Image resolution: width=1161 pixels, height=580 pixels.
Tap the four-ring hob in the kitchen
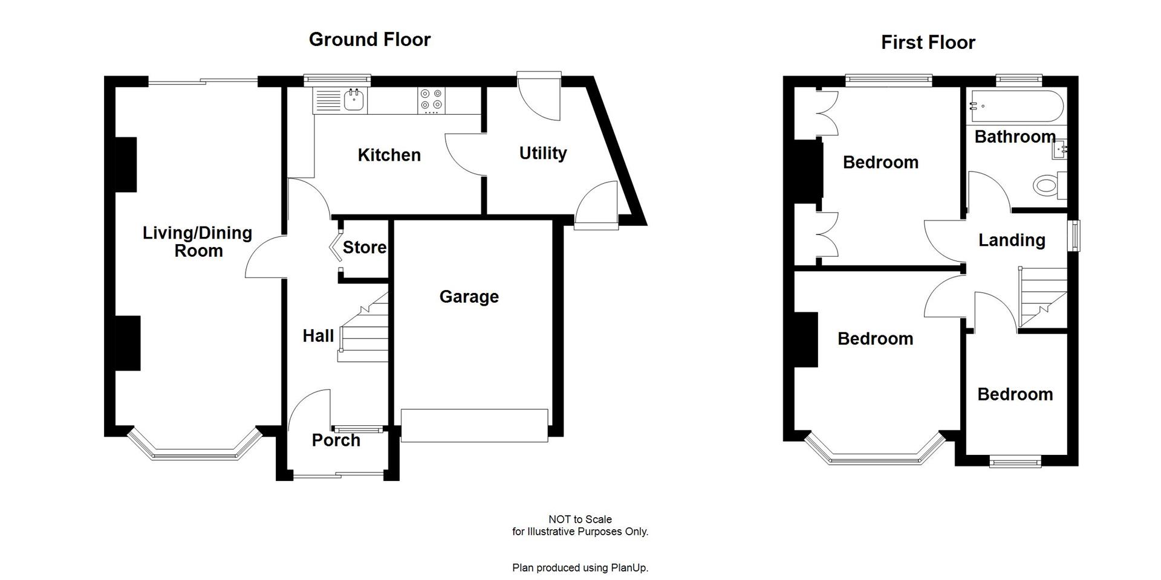point(432,100)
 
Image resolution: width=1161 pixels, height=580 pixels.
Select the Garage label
point(469,297)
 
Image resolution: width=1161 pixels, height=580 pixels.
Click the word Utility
point(542,153)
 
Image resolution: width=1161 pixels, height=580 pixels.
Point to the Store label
point(364,247)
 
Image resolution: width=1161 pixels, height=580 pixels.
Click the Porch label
point(336,440)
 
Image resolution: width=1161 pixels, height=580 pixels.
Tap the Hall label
point(318,336)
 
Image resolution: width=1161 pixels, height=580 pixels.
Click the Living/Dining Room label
point(197,242)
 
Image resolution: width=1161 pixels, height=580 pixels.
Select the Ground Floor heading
point(369,39)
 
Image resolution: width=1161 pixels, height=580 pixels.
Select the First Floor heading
point(928,42)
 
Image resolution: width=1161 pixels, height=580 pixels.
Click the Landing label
point(1012,240)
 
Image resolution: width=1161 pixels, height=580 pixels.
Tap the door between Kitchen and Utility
point(466,155)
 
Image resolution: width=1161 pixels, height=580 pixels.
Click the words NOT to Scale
point(580,519)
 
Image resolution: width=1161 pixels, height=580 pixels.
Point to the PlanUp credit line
point(580,568)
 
